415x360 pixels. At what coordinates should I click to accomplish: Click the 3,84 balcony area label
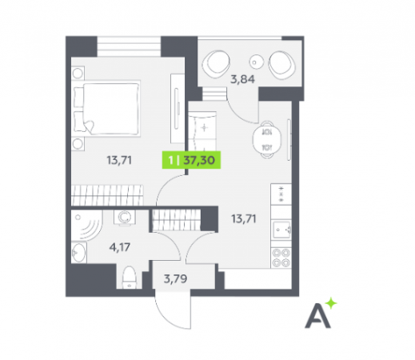pos(242,79)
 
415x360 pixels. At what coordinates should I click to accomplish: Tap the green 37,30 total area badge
pos(191,160)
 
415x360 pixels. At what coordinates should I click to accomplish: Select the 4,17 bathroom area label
pos(120,247)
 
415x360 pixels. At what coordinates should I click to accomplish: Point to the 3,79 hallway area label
pos(175,278)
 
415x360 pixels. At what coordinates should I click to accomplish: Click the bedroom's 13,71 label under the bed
pos(119,160)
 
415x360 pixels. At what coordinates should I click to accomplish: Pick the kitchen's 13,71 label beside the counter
pos(244,218)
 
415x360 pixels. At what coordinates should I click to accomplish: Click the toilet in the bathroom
pos(130,278)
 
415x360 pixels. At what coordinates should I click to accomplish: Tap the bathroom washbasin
pos(79,252)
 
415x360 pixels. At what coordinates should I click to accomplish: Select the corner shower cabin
pos(86,226)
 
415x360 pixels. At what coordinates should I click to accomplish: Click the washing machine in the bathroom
pos(125,218)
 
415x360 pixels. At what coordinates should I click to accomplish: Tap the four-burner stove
pos(281,258)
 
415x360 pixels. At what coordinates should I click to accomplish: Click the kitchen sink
pos(281,230)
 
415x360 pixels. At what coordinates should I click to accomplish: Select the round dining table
pos(267,140)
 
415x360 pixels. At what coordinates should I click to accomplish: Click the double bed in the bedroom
pos(106,109)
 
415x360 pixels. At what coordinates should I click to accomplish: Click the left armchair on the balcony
pos(216,63)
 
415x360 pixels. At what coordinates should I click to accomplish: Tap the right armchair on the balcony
pos(281,64)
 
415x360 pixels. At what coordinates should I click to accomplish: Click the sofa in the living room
pos(202,131)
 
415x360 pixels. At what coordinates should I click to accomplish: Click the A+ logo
pos(321,313)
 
